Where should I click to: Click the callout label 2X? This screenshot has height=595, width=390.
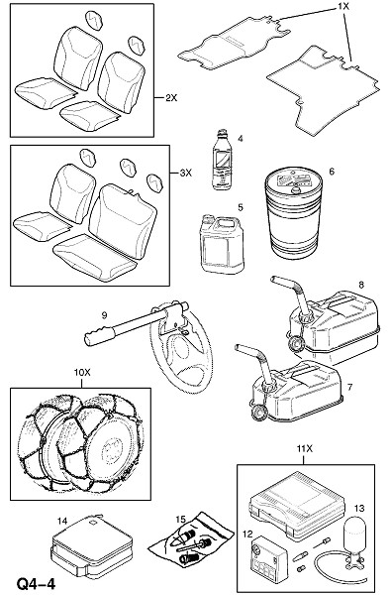coord(171,98)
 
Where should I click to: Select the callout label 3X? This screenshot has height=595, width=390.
coord(185,173)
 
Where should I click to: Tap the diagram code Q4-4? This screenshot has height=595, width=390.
coord(36,584)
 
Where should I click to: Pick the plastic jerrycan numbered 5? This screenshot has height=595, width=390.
coord(222,244)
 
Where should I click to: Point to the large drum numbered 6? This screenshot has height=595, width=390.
coord(294,213)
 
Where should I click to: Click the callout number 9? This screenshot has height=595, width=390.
coord(105,315)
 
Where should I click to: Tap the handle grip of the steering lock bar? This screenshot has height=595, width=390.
coord(99,336)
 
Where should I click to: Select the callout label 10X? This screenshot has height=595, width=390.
coord(82,373)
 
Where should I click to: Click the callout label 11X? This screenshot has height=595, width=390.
coord(305,449)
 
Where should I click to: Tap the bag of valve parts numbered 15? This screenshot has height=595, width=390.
coord(190,539)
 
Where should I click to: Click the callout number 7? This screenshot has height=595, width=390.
coord(349,388)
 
